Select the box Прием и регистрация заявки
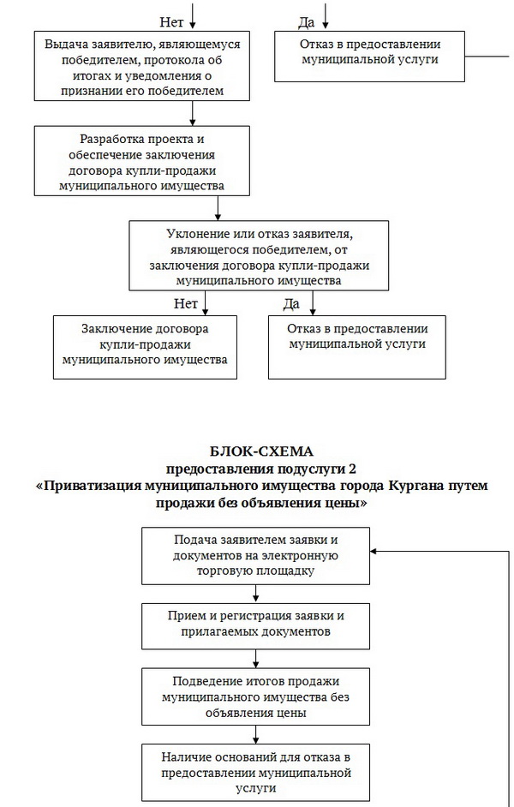(x=256, y=624)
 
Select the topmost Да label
(x=306, y=21)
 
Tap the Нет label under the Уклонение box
(x=186, y=302)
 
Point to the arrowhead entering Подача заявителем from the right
(x=375, y=553)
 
